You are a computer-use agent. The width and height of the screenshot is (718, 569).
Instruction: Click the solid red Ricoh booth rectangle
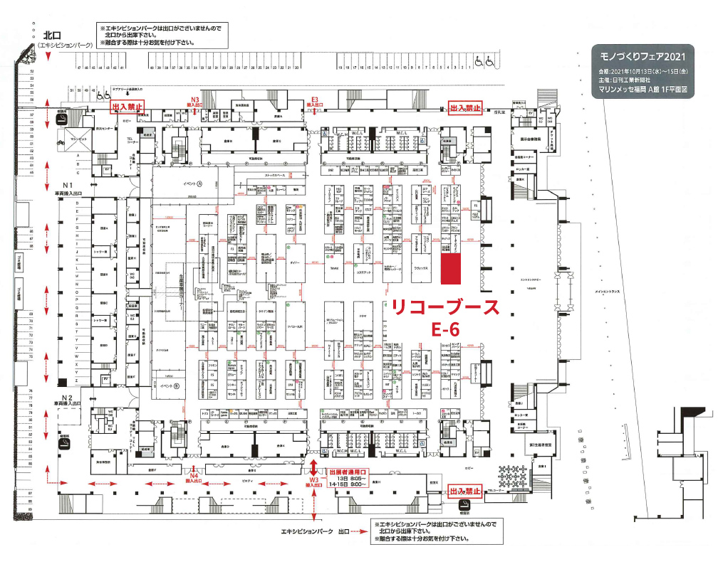point(449,268)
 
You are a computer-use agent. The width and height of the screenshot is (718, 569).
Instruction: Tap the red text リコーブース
point(442,308)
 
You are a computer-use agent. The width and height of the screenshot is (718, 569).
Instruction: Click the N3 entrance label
point(194,100)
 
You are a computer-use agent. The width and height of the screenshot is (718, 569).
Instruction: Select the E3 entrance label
point(314,100)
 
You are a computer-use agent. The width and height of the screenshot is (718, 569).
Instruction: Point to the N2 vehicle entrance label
point(68,398)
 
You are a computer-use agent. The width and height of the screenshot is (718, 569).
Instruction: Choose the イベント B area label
point(170,385)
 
